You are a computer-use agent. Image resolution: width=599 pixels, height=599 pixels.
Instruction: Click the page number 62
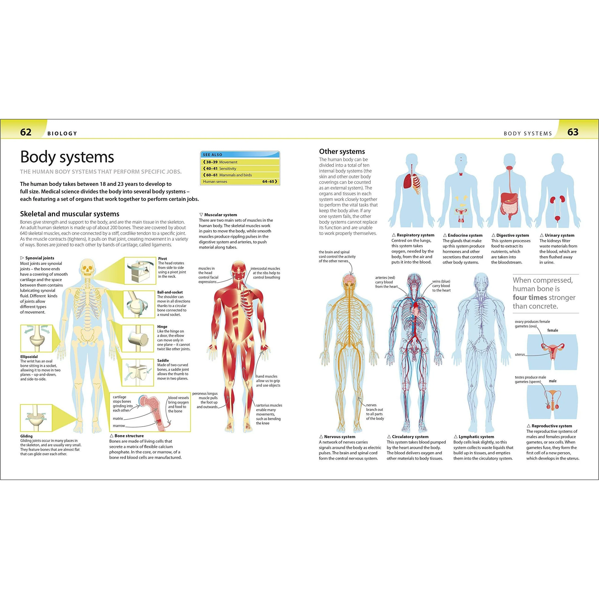pos(26,132)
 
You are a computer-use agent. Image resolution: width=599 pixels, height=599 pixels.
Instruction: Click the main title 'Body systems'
pos(67,157)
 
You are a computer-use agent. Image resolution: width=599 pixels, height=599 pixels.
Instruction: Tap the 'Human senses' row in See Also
pos(240,182)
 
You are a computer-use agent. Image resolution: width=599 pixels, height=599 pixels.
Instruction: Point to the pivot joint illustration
pos(140,271)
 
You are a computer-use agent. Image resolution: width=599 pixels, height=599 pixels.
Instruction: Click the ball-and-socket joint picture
pos(139,304)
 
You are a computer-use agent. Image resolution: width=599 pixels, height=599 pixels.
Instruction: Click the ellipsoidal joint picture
pos(36,339)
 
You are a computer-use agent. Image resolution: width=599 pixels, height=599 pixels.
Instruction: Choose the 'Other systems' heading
pos(342,151)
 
